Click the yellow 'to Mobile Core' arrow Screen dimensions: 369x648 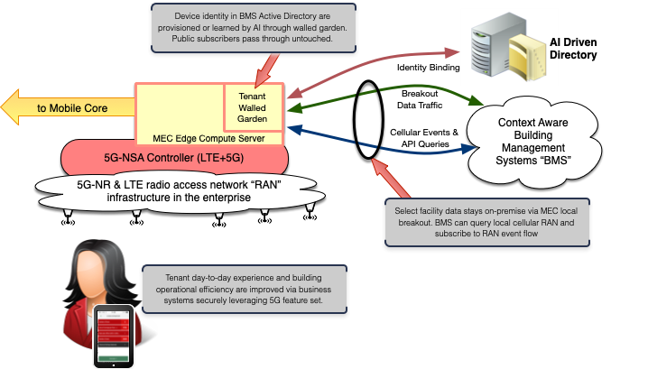point(68,108)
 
